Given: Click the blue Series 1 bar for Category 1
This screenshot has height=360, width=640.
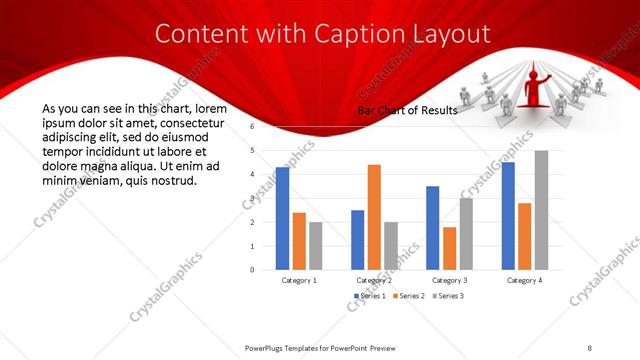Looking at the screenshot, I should point(282,218).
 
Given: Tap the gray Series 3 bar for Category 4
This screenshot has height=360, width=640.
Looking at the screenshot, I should point(541,210).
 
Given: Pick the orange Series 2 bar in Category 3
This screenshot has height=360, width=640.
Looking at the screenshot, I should point(449,248).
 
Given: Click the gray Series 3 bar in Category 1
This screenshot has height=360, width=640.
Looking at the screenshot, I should point(316,246).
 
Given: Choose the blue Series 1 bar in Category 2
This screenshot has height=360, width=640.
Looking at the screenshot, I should point(357,240).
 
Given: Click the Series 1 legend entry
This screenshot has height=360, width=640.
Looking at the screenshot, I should point(373,296).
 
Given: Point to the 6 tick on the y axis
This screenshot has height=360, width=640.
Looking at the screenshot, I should point(253,127).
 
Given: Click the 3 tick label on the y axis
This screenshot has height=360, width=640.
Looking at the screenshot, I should point(253,198).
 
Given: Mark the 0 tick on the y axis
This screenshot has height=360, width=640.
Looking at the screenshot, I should point(253,270).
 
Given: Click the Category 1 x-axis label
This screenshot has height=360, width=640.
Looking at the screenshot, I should point(299,281).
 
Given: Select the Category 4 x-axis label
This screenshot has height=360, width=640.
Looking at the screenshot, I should point(524,281).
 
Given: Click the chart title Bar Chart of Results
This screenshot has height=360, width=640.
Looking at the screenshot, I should point(407,111).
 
